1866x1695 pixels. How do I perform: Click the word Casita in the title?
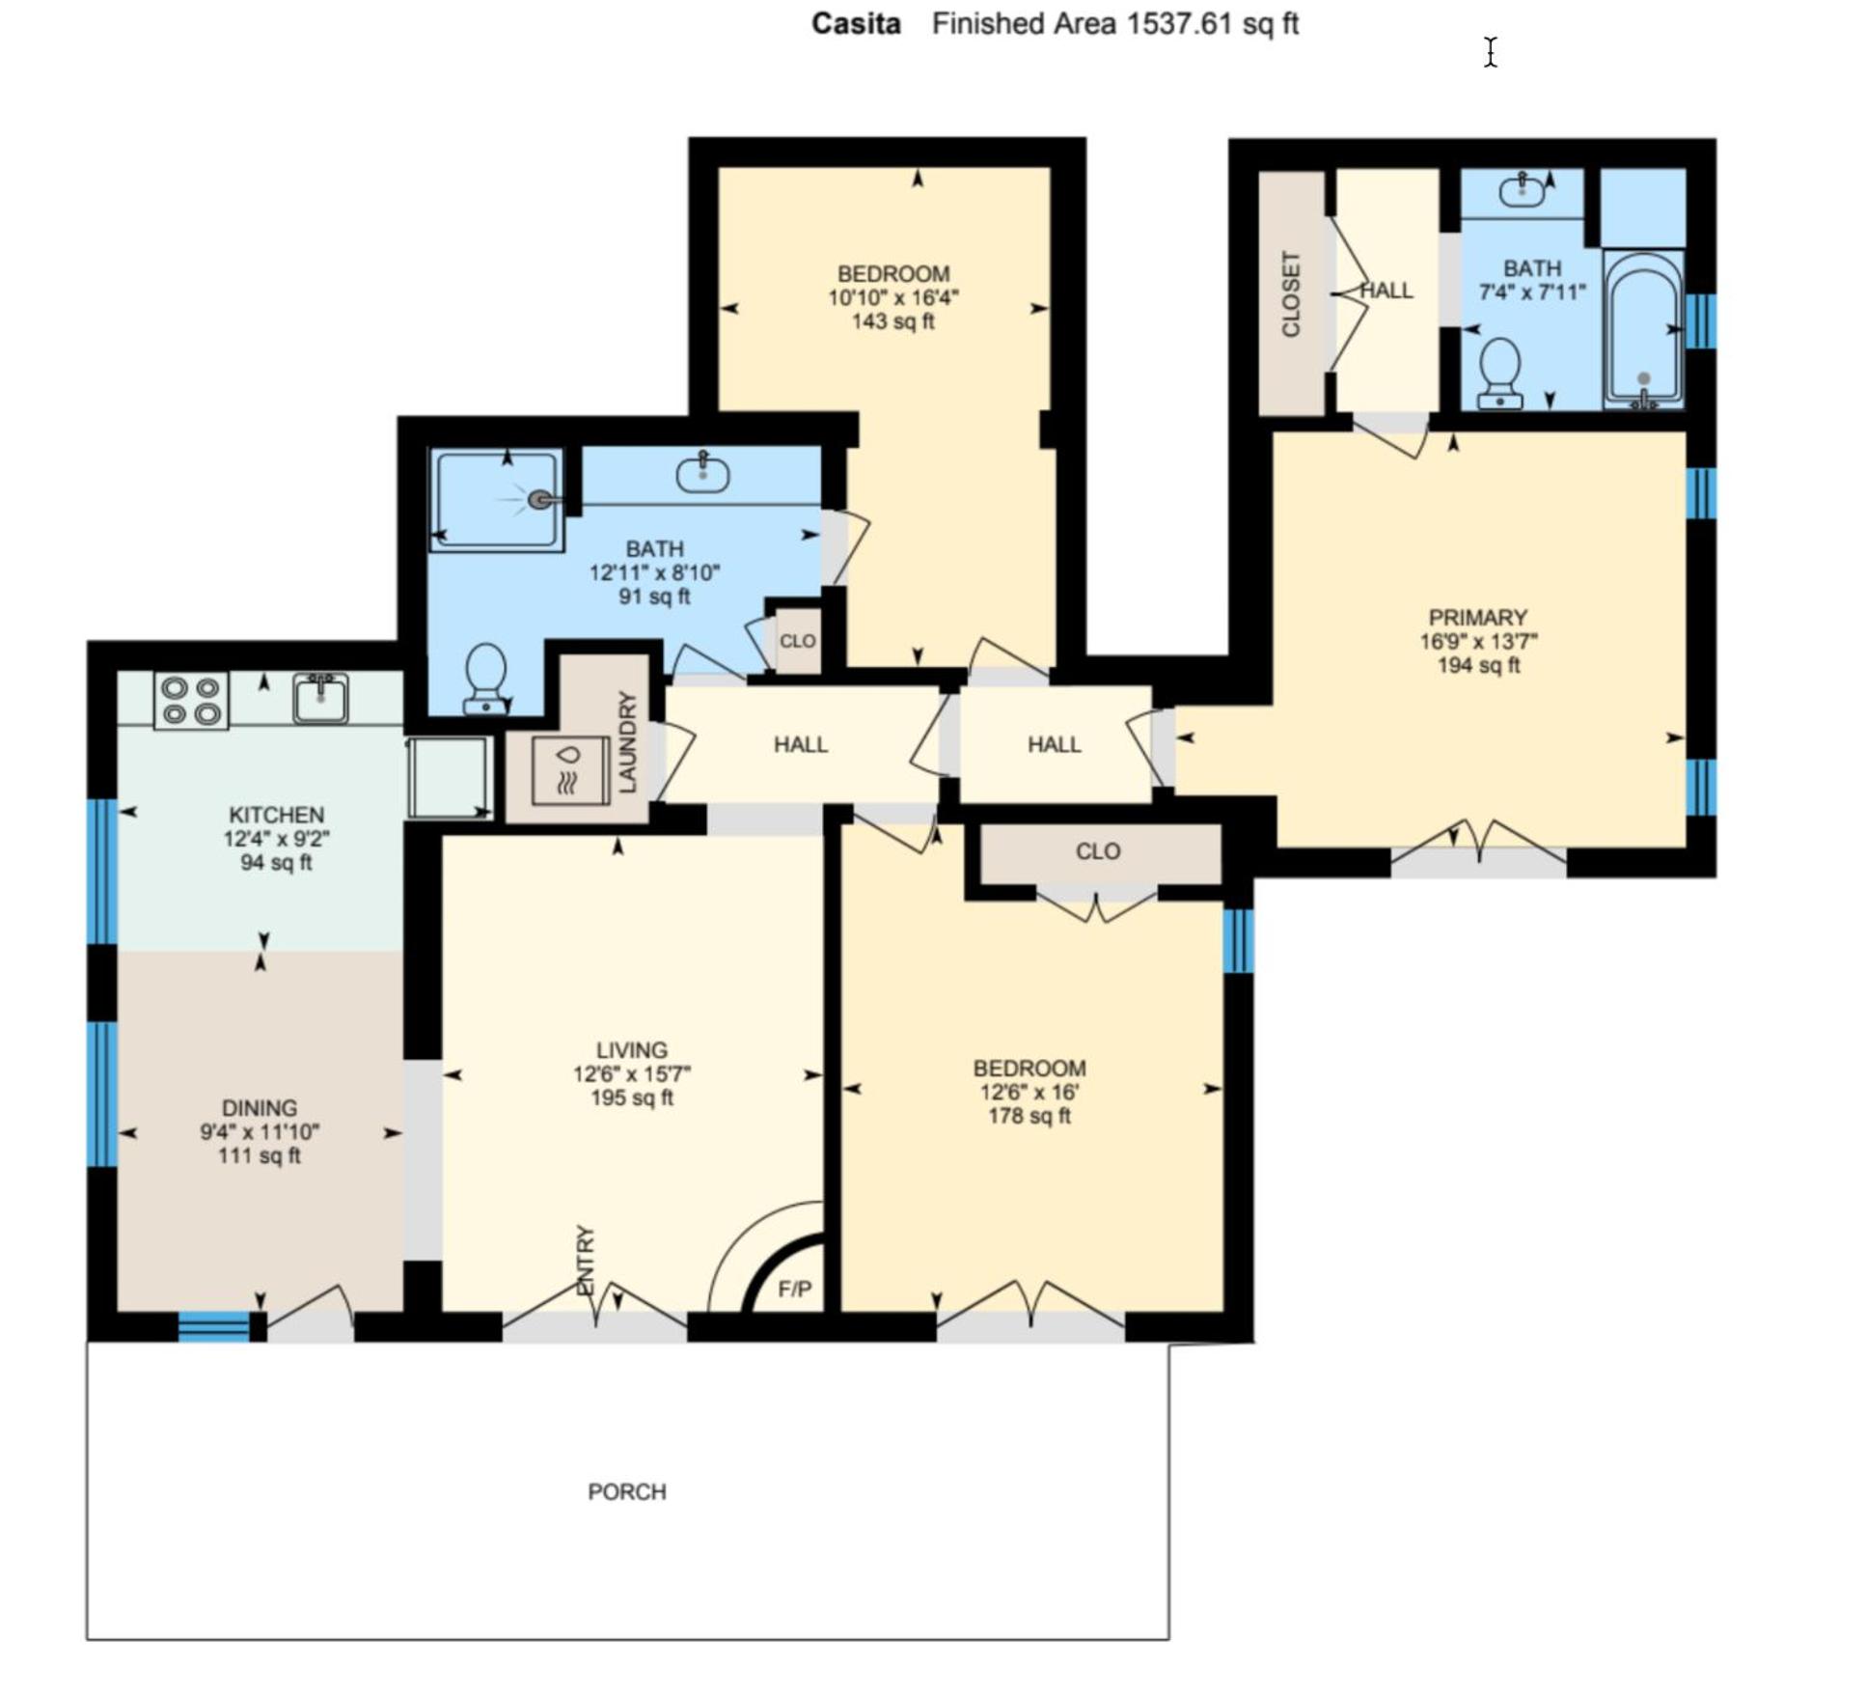click(x=856, y=23)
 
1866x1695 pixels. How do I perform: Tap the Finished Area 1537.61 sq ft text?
click(x=1114, y=23)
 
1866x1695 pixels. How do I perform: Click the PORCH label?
click(x=627, y=1491)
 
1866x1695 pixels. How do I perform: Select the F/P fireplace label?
click(x=794, y=1289)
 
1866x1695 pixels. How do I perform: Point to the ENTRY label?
click(x=585, y=1261)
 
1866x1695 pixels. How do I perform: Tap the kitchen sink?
click(x=321, y=697)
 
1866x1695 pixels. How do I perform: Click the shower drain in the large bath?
click(x=540, y=499)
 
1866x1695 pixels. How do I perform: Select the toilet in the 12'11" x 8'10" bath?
click(x=485, y=679)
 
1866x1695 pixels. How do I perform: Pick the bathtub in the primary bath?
click(x=1643, y=329)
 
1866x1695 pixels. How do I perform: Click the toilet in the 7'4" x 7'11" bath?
click(x=1500, y=373)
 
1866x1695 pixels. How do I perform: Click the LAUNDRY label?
click(x=627, y=742)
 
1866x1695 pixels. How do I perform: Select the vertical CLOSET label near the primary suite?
click(x=1291, y=293)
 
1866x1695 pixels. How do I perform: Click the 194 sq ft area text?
click(x=1478, y=665)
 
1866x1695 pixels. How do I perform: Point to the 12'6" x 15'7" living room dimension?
click(x=632, y=1073)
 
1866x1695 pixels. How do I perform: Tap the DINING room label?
click(x=260, y=1108)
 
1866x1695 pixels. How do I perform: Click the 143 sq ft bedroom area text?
click(x=893, y=321)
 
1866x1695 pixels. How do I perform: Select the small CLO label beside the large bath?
click(x=798, y=641)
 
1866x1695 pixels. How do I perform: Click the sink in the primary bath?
click(x=1523, y=190)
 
